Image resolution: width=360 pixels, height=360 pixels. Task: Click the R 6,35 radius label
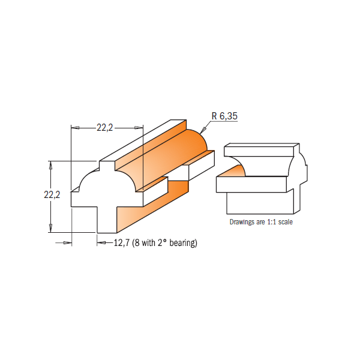point(224,116)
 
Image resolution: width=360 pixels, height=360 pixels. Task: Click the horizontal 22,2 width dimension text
point(104,128)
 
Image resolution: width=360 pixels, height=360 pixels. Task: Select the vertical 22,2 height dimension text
point(52,194)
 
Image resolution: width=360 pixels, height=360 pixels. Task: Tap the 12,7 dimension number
point(122,242)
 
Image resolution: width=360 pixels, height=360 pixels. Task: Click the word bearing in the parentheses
point(183,243)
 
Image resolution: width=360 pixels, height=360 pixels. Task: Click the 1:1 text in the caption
point(272,222)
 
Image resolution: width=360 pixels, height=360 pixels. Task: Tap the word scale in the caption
point(286,222)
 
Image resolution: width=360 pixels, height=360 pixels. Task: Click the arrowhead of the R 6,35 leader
point(203,130)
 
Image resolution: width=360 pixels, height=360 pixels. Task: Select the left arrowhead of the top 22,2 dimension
point(75,128)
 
